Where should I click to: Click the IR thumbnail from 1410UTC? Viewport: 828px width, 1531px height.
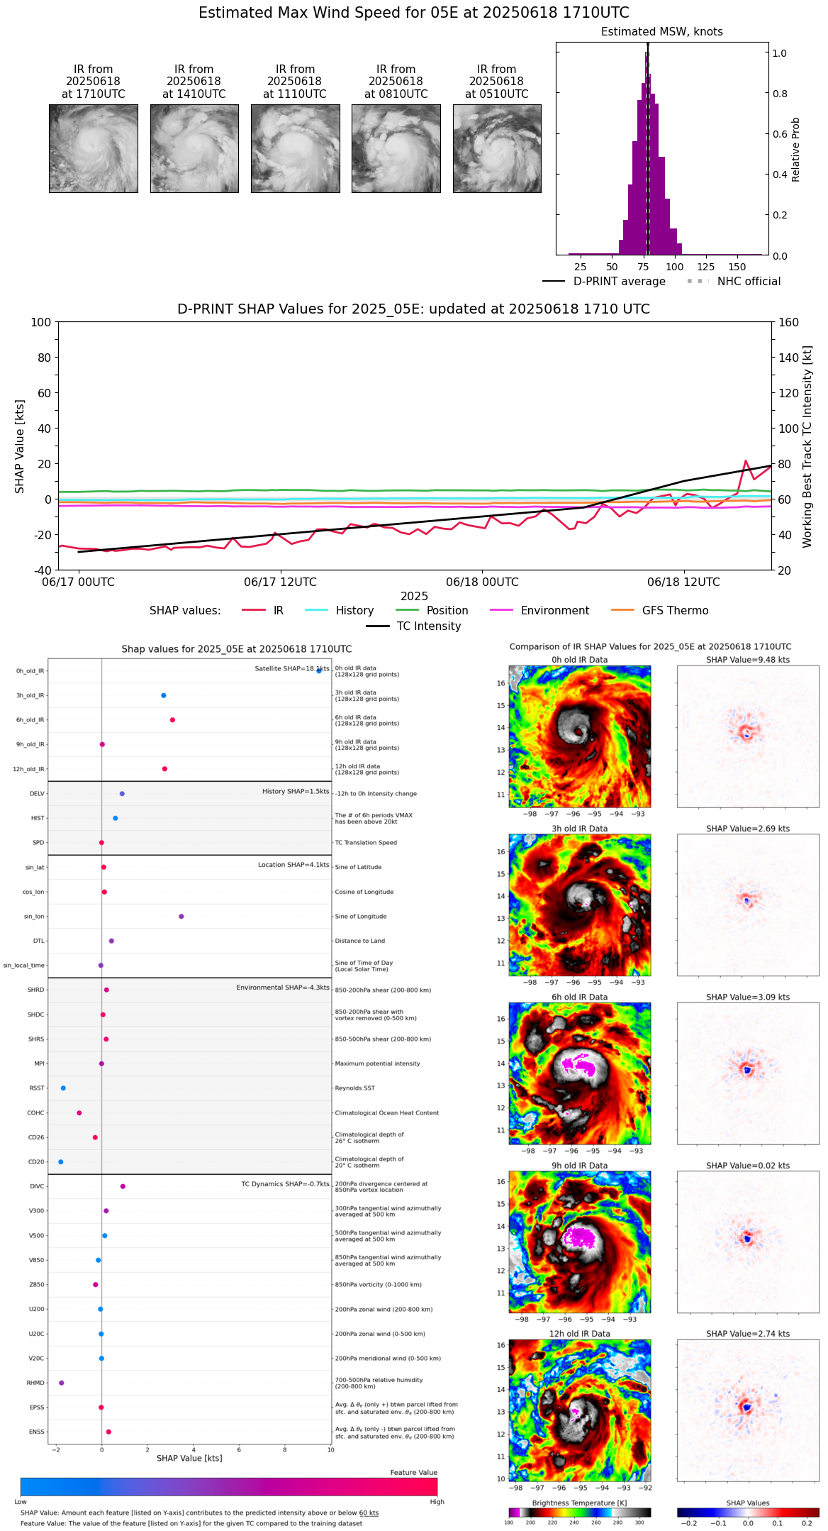click(x=194, y=148)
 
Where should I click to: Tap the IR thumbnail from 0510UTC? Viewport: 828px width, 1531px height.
click(x=497, y=148)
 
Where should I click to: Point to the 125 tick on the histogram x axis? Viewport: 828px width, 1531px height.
click(x=705, y=267)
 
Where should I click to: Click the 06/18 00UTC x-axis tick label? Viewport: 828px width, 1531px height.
click(x=482, y=582)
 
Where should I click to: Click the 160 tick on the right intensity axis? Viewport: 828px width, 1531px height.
click(x=788, y=323)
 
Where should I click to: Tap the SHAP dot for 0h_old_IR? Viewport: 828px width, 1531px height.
click(x=319, y=670)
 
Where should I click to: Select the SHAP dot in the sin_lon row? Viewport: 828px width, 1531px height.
click(x=181, y=917)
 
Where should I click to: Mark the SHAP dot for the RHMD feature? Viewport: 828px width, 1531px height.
click(x=62, y=1383)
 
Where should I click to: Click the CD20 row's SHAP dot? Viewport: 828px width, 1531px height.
click(x=61, y=1162)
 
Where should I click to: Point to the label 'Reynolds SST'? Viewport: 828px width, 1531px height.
click(x=355, y=1088)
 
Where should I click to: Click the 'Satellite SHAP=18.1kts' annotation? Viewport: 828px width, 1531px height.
click(x=291, y=669)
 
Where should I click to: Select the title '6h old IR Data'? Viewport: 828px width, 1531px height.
click(x=579, y=997)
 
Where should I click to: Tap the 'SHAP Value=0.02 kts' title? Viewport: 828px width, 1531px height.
click(x=748, y=1166)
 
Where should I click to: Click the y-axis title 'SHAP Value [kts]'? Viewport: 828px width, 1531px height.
click(x=20, y=446)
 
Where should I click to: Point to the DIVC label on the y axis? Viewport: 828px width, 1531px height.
click(x=37, y=1187)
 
